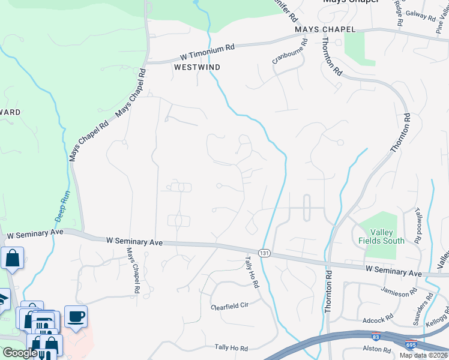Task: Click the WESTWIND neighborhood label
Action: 197,67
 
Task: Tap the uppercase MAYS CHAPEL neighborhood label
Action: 325,29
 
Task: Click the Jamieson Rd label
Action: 399,292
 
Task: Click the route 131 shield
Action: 264,253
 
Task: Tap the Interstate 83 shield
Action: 376,338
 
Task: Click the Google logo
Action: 19,352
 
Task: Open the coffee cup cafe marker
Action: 76,317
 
